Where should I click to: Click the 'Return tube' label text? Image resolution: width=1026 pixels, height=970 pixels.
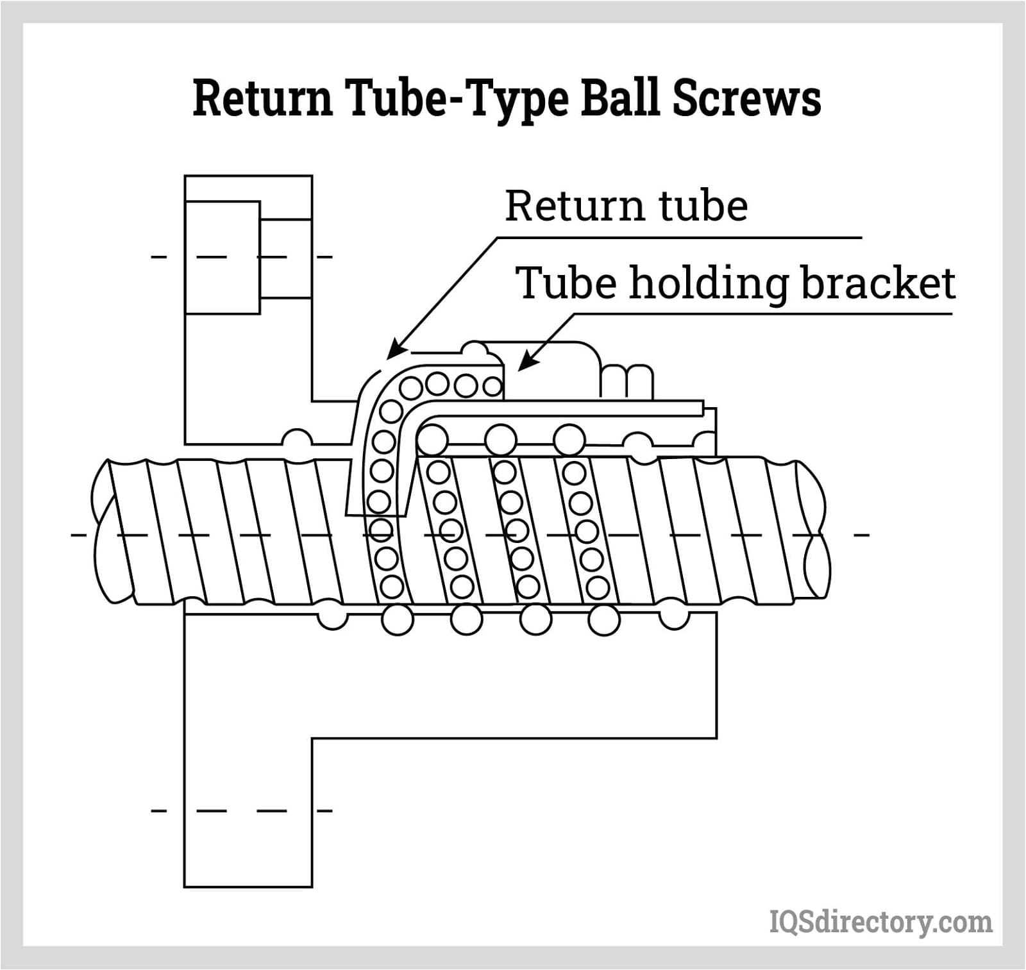point(626,206)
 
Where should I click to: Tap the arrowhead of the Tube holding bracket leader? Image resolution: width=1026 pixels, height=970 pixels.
point(523,366)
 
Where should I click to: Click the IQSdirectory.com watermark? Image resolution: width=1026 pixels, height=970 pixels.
point(880,921)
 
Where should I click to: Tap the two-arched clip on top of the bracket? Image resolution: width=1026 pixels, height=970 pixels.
point(627,381)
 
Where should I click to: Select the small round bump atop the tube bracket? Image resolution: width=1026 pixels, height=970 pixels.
point(475,349)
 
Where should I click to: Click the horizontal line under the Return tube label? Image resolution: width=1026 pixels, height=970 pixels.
point(680,238)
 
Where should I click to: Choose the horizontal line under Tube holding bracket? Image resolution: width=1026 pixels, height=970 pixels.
point(763,314)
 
